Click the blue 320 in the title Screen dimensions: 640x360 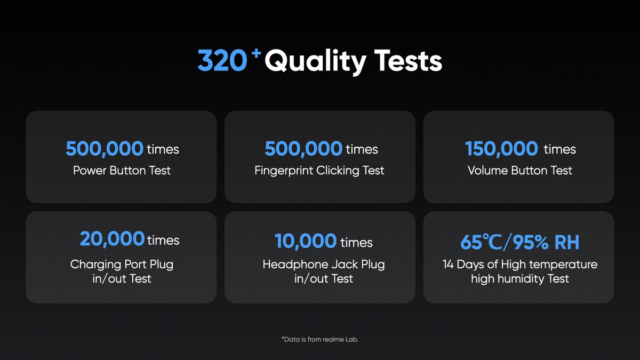click(222, 61)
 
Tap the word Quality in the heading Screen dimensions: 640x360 click(315, 62)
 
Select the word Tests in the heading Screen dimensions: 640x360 click(409, 60)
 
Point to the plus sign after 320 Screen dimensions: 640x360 click(257, 53)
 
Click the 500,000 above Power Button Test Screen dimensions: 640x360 click(105, 149)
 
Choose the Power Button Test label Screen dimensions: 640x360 click(122, 170)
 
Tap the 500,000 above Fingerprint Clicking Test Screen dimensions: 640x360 click(303, 149)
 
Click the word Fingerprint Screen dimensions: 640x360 click(284, 171)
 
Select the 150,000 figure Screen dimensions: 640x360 click(501, 149)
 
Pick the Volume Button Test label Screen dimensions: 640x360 click(520, 170)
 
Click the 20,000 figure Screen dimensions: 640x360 click(112, 239)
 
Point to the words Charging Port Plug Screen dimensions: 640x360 click(122, 265)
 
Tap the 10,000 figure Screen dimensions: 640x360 click(306, 241)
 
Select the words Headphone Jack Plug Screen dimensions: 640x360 click(324, 265)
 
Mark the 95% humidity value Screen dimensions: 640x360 click(530, 242)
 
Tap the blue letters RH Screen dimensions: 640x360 click(567, 242)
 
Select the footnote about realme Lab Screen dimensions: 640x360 click(319, 339)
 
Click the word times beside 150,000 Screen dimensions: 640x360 click(559, 149)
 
